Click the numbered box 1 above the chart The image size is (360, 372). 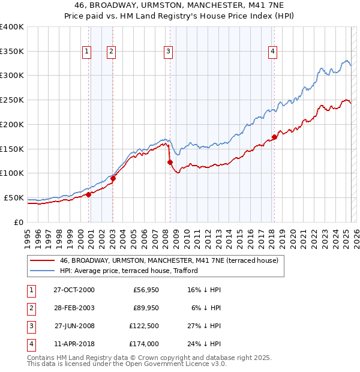coord(87,52)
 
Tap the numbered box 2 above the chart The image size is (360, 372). coord(112,52)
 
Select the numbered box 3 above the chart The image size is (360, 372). coord(168,52)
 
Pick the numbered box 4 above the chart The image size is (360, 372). coord(272,52)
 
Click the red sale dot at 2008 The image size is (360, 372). coord(170,162)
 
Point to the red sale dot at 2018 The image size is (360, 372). coord(275,137)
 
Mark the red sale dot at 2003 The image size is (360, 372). coord(113,178)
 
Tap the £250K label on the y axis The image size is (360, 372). coord(12,100)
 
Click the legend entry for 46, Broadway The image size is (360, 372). coord(169,260)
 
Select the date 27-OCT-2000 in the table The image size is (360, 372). coord(74,290)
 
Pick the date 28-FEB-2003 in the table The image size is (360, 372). coord(74,308)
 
